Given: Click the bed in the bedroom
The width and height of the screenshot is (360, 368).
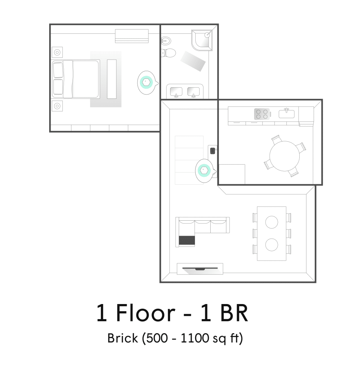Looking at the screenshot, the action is (76, 79).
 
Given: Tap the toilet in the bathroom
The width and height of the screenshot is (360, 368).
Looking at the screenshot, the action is (169, 53).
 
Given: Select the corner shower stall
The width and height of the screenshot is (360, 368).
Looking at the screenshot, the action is (202, 40).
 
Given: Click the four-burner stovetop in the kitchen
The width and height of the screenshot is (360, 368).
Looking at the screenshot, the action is (262, 114).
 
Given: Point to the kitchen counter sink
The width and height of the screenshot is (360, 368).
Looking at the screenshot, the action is (286, 114).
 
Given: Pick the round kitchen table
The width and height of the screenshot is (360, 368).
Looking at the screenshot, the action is (285, 156).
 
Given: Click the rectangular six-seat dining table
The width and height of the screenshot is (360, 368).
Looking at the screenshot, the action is (272, 234).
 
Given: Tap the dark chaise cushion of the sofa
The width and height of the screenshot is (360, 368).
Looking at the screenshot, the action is (187, 240).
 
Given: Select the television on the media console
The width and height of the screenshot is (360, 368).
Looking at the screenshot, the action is (200, 269).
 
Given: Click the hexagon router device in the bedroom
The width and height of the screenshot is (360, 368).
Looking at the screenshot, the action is (146, 82).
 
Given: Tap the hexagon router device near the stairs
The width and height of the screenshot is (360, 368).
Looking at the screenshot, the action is (204, 171).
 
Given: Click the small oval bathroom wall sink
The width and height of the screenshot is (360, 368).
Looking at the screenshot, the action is (166, 41).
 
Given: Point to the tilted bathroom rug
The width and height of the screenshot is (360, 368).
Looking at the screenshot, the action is (193, 61).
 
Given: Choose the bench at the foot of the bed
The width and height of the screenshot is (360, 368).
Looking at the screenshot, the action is (112, 79).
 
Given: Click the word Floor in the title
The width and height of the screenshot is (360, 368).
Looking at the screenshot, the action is (146, 313).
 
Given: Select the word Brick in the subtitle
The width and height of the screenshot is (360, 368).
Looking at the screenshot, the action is (123, 338).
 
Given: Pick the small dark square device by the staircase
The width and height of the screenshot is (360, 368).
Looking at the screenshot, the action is (212, 151).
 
